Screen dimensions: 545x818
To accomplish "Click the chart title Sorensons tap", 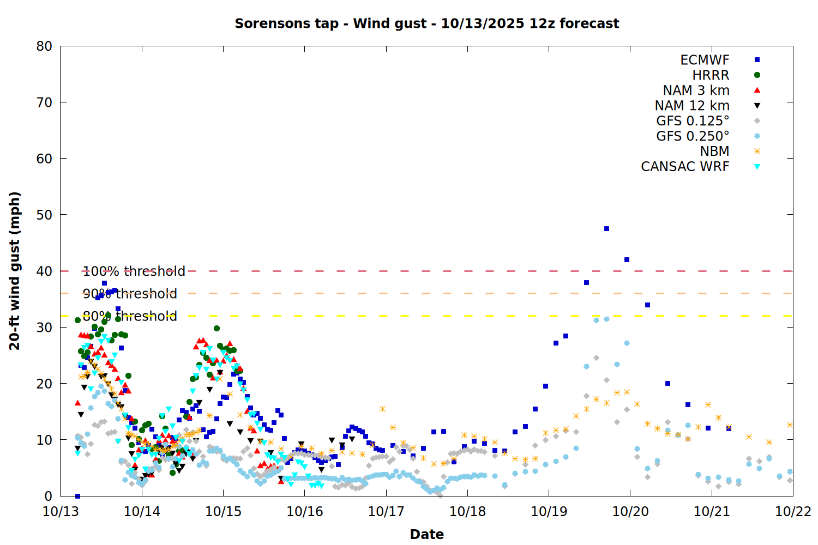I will click(x=426, y=23).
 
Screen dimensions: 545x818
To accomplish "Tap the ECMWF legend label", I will click(x=705, y=60).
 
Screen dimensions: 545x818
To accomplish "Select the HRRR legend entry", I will click(x=711, y=75).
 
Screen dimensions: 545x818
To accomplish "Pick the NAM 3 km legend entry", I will click(x=696, y=90).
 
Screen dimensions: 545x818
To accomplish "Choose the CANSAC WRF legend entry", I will click(x=685, y=167).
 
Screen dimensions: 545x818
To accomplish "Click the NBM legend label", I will click(x=714, y=152).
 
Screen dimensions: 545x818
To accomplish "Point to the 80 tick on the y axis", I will click(x=45, y=46).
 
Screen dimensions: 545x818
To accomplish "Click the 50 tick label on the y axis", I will click(x=45, y=215).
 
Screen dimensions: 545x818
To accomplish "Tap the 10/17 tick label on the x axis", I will click(x=386, y=512).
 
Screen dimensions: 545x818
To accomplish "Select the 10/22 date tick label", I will click(x=793, y=512).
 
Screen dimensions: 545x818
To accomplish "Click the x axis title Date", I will click(x=426, y=534).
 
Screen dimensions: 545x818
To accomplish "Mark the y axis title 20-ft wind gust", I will click(x=15, y=271).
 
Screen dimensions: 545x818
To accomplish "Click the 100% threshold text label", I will click(x=134, y=271).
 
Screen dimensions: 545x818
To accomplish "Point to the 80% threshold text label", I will click(x=130, y=316).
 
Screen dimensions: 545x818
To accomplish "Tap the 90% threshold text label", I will click(x=130, y=294).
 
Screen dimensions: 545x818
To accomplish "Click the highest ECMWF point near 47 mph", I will click(x=606, y=229).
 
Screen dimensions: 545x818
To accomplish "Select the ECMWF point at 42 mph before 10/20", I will click(x=627, y=260).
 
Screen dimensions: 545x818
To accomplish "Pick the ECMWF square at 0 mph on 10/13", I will click(x=77, y=496).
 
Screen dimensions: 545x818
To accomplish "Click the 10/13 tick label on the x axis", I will click(x=60, y=512).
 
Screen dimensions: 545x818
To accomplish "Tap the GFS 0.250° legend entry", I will click(x=693, y=136).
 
